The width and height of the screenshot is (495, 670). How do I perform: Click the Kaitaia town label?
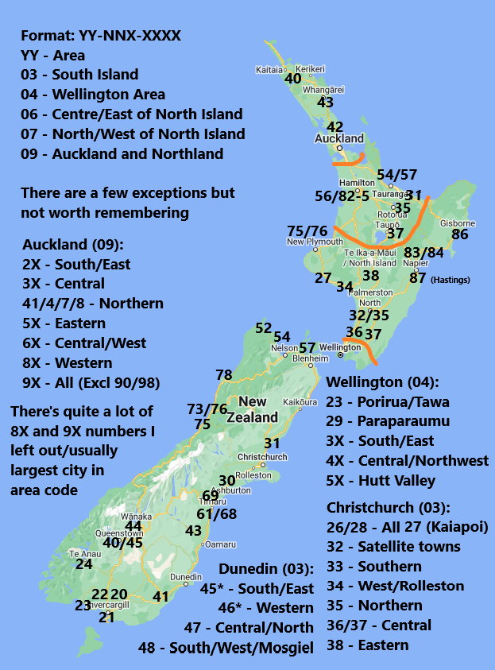[269, 69]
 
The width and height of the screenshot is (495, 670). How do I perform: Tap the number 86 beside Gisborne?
[459, 234]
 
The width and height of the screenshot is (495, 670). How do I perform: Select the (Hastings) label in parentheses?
[451, 280]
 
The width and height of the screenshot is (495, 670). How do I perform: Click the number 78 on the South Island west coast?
[224, 375]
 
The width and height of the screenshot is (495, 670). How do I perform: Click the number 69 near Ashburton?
[211, 496]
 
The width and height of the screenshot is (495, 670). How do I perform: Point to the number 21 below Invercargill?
[106, 617]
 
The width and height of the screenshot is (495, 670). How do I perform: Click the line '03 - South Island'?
[79, 75]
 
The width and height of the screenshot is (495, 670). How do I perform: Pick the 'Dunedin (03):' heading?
[266, 569]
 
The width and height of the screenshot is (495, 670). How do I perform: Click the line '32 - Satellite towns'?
[393, 547]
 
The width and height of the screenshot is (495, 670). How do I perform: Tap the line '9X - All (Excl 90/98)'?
[91, 382]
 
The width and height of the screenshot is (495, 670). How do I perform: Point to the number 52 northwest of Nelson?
[263, 328]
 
